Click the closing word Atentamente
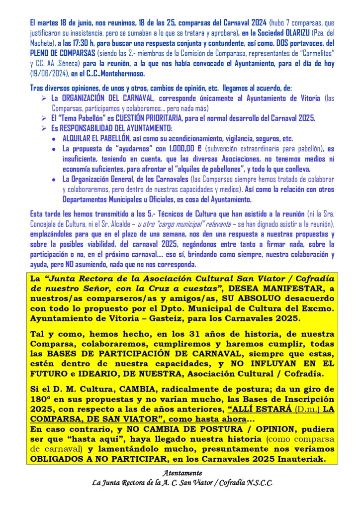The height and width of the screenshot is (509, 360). coord(182,473)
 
